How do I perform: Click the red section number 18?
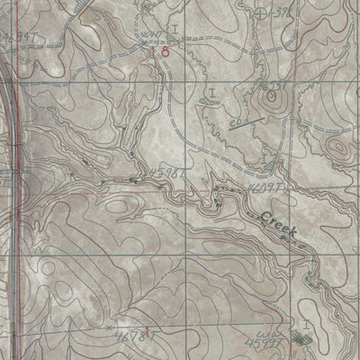coord(159,53)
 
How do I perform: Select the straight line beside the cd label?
coord(242,126)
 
